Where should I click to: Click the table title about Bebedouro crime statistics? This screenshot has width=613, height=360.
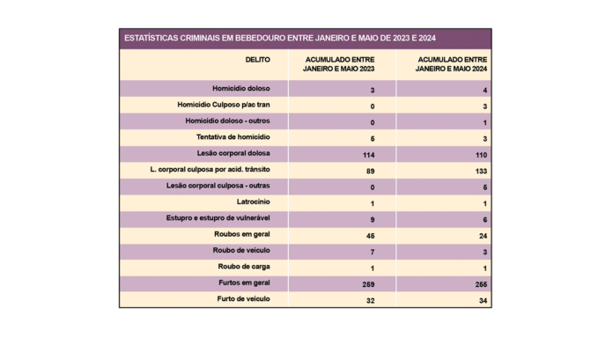280,39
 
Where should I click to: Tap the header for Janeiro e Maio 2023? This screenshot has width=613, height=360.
339,64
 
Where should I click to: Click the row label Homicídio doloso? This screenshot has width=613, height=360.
240,89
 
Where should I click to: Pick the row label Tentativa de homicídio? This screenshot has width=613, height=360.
233,137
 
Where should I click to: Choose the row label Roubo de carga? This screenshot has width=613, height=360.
244,267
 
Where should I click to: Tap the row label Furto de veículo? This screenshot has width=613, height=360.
243,299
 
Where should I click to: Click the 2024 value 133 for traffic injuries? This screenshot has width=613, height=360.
481,171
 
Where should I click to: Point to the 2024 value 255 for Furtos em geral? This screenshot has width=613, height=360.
481,284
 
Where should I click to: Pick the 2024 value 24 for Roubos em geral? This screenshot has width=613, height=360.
483,236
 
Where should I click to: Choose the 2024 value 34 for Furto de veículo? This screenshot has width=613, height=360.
483,301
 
